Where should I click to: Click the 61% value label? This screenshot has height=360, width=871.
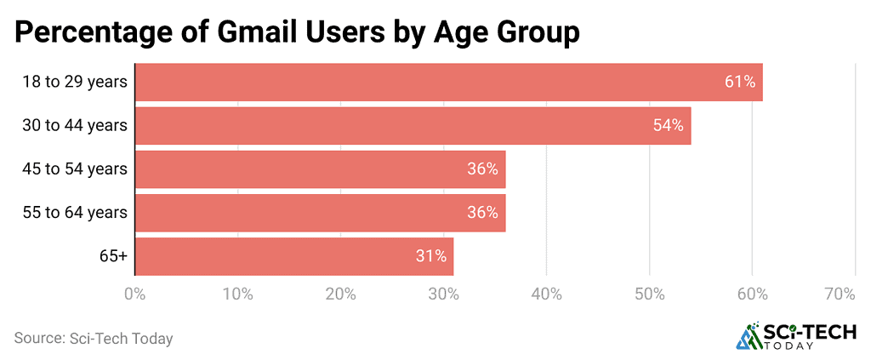pos(740,83)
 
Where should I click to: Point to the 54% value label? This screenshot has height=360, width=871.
pos(669,126)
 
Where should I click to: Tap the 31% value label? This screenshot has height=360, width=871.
pos(431,256)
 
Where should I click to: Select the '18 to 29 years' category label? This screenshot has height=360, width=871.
pos(76,83)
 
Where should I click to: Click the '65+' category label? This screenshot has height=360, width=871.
pos(112,256)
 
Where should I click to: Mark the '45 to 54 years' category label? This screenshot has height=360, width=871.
pos(76,169)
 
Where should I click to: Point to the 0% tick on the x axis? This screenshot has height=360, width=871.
pos(134,294)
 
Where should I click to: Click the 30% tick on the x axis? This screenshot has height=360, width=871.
pos(443,294)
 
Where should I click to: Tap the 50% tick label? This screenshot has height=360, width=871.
pos(649,294)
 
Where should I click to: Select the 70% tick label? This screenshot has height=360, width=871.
pos(840,294)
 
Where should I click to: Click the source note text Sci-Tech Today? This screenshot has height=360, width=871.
pos(119,339)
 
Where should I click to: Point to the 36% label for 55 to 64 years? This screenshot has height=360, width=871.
pos(482,213)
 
